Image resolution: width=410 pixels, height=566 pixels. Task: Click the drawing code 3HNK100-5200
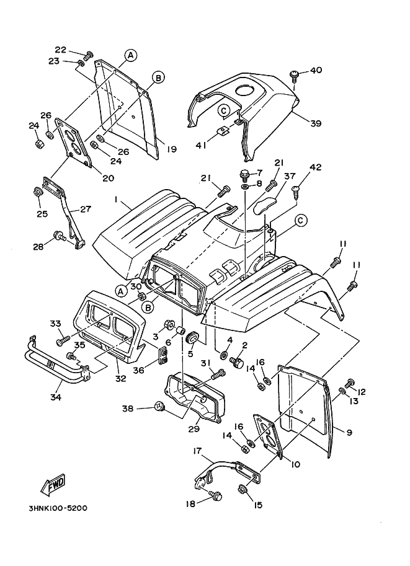[x=57, y=508]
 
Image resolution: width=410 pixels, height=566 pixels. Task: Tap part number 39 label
[x=316, y=123]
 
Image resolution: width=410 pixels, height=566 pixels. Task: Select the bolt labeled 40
[x=295, y=75]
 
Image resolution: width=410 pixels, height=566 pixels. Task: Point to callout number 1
[x=115, y=200]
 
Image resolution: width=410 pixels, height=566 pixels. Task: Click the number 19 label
[x=172, y=149]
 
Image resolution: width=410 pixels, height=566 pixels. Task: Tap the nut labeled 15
[x=243, y=490]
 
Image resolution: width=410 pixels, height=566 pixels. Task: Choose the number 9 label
[x=350, y=432]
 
